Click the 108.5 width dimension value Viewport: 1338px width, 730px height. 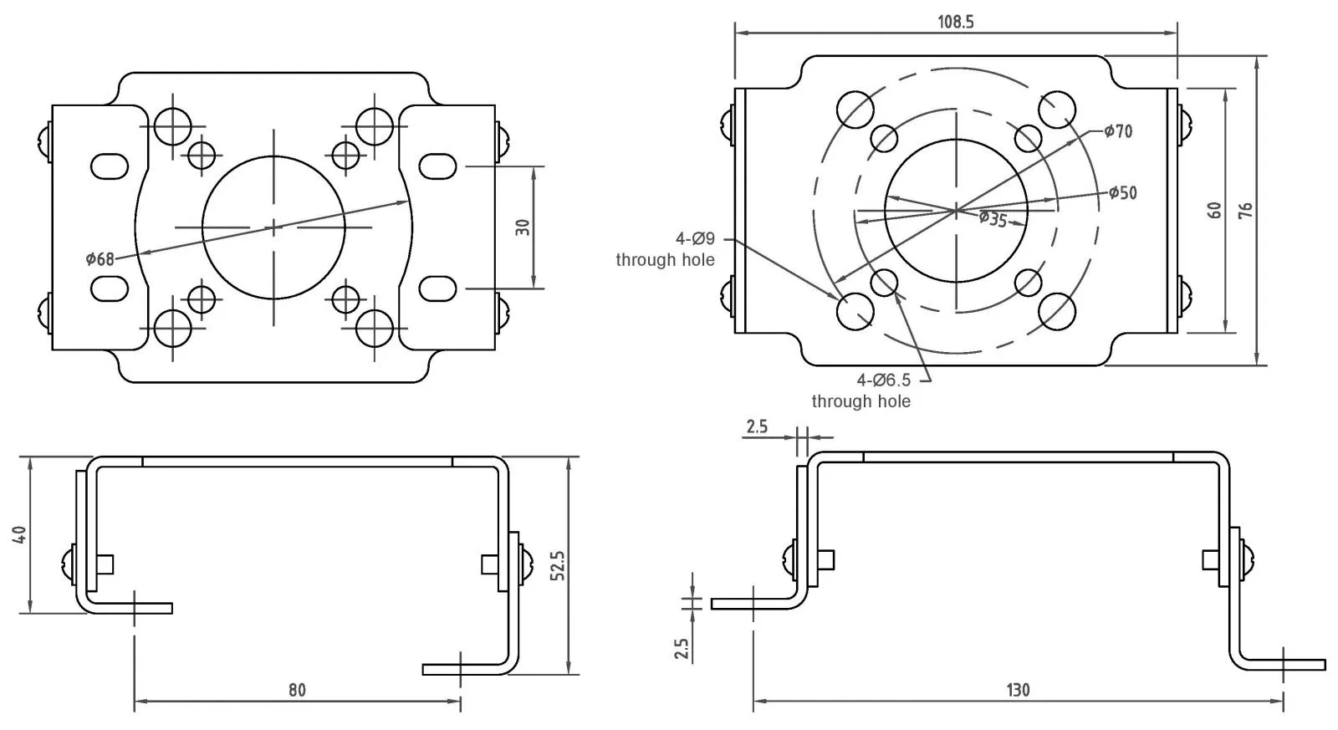[x=955, y=22]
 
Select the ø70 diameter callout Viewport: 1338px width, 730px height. [x=1117, y=131]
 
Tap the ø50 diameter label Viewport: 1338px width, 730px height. [x=1122, y=193]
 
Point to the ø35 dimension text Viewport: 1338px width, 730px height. [x=993, y=219]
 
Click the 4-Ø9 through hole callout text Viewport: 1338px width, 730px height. [x=666, y=250]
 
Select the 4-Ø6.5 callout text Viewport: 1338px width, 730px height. [x=861, y=391]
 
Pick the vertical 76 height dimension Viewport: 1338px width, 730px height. [x=1245, y=210]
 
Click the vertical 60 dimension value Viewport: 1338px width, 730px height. [x=1215, y=210]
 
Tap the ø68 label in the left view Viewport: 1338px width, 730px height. [x=100, y=258]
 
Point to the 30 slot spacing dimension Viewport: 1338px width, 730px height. [x=523, y=227]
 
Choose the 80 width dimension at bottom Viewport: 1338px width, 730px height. [x=297, y=691]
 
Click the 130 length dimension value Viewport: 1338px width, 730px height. [x=1018, y=691]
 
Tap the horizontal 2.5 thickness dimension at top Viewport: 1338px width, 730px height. [x=756, y=426]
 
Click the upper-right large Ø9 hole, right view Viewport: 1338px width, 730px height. [x=1056, y=109]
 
